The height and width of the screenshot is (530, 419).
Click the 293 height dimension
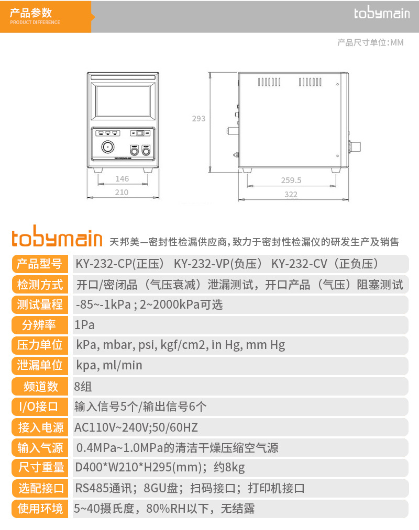199,119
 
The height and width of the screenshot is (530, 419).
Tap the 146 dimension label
122,179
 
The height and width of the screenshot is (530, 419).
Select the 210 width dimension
122,193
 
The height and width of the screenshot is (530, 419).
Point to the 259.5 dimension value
291,180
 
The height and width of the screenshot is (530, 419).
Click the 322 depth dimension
291,194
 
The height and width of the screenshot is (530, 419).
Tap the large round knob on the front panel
108,147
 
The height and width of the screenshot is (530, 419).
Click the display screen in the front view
123,101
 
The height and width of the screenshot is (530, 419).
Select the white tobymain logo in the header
382,13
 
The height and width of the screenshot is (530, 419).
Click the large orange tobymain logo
57,236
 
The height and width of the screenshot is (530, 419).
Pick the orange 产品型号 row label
40,264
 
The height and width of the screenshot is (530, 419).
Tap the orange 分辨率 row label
40,325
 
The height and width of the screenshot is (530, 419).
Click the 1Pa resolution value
84,325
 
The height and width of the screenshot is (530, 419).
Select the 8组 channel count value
83,386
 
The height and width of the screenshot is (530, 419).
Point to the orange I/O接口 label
40,407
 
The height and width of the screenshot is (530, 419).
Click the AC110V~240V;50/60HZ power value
136,427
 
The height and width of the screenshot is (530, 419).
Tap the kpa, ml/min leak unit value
109,365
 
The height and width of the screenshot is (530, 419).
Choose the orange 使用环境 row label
40,509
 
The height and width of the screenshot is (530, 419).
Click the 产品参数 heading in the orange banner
31,13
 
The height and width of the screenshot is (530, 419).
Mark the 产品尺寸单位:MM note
371,42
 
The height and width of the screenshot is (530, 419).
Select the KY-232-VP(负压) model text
218,264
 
